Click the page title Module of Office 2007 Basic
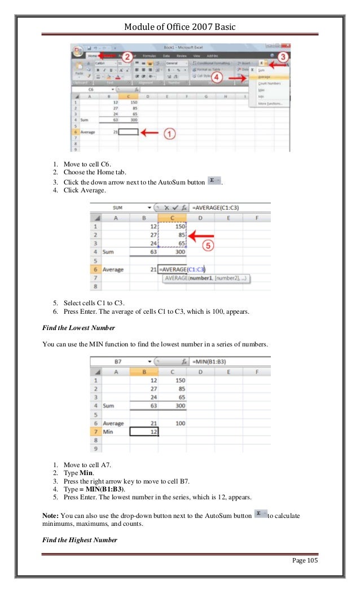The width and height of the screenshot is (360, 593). (180, 27)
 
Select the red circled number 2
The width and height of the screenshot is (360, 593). (128, 57)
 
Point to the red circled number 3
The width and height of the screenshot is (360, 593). (283, 57)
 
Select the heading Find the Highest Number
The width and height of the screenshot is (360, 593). (80, 540)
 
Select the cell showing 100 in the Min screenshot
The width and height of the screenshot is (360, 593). (181, 423)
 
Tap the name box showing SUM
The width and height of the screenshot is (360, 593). (118, 208)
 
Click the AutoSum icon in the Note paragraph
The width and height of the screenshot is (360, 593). (260, 515)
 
